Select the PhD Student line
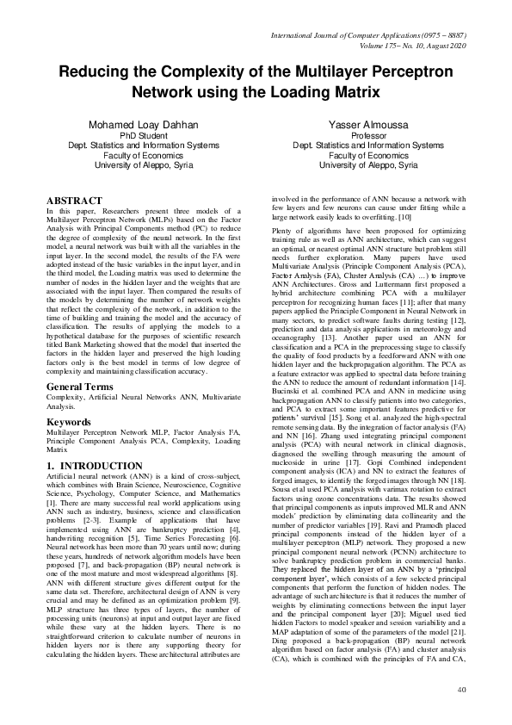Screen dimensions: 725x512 click(138, 136)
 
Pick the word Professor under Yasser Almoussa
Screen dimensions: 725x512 click(365, 136)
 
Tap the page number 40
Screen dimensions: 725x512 click(461, 689)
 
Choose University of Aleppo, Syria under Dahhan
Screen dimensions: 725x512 click(138, 164)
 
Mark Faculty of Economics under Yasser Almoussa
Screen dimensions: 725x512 click(365, 155)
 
